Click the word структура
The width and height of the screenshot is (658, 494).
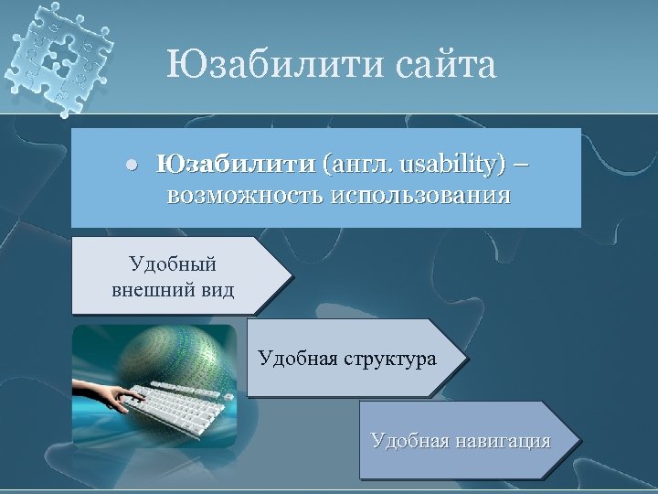point(388,358)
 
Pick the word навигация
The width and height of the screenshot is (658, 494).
point(504,441)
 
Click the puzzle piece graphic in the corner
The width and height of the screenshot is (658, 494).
point(59,55)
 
